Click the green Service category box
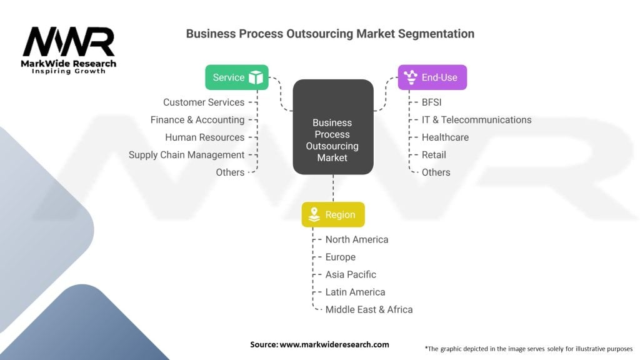[x=236, y=77]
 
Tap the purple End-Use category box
[x=432, y=77]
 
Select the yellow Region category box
[x=332, y=214]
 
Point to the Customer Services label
[x=204, y=102]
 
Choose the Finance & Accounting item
[x=197, y=120]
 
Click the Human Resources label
[x=204, y=137]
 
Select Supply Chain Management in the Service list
[x=186, y=155]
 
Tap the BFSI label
[x=431, y=102]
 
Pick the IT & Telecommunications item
[x=476, y=120]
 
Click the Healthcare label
[x=445, y=137]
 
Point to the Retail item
[x=434, y=155]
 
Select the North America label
[x=357, y=239]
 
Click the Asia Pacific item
[x=351, y=274]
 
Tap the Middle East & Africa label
[x=369, y=309]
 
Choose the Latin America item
[x=355, y=292]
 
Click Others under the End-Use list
[x=436, y=172]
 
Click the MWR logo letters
[x=69, y=42]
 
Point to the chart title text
[x=330, y=34]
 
